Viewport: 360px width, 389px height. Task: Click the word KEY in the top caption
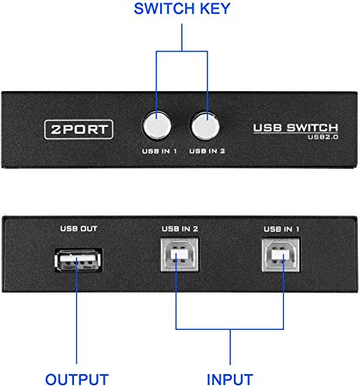[x=215, y=9]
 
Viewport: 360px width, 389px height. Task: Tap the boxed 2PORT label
[x=79, y=129]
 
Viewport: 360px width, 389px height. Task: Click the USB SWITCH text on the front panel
[x=295, y=128]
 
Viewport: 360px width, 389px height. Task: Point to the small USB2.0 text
[x=323, y=137]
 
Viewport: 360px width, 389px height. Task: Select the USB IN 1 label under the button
[x=159, y=151]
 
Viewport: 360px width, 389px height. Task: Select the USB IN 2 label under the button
[x=207, y=151]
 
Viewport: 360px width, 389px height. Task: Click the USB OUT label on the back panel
[x=79, y=229]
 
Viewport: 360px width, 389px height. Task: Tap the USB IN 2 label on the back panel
[x=180, y=229]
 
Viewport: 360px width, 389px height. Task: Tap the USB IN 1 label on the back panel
[x=281, y=230]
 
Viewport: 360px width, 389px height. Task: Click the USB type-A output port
[x=79, y=260]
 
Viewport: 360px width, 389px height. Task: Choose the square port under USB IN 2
[x=180, y=255]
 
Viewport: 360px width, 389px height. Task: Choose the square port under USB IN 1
[x=281, y=255]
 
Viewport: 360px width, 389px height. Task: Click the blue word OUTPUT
[x=77, y=380]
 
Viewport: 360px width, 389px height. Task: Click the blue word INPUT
[x=230, y=380]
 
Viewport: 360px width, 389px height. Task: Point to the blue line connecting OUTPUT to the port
[x=77, y=310]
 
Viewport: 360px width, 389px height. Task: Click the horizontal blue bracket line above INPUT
[x=229, y=329]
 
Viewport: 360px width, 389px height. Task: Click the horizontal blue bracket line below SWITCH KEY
[x=182, y=51]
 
